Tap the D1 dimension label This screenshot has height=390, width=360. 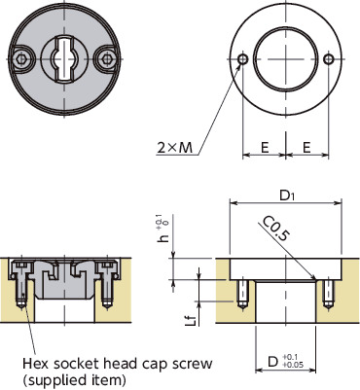click(x=287, y=194)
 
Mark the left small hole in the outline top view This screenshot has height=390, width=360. click(x=241, y=60)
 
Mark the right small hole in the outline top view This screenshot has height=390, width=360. click(x=331, y=60)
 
